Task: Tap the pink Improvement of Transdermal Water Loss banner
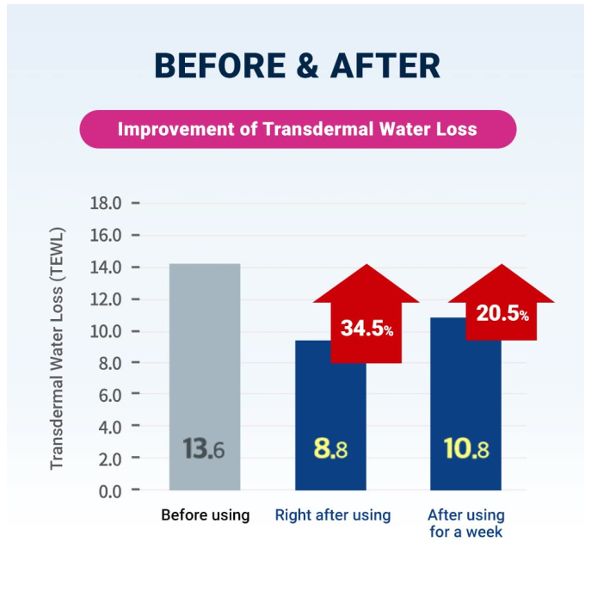[298, 129]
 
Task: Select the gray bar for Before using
[205, 361]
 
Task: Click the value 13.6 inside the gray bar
[204, 449]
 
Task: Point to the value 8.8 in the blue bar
[330, 449]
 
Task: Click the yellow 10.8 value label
[466, 449]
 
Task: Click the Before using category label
[205, 515]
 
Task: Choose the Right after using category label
[333, 515]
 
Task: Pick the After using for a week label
[466, 523]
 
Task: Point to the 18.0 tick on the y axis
[106, 204]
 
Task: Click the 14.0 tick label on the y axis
[106, 268]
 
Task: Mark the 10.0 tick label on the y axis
[106, 331]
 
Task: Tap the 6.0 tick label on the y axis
[109, 395]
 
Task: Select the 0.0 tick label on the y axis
[109, 491]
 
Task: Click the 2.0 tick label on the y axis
[109, 459]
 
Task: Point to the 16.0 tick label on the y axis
[106, 236]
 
